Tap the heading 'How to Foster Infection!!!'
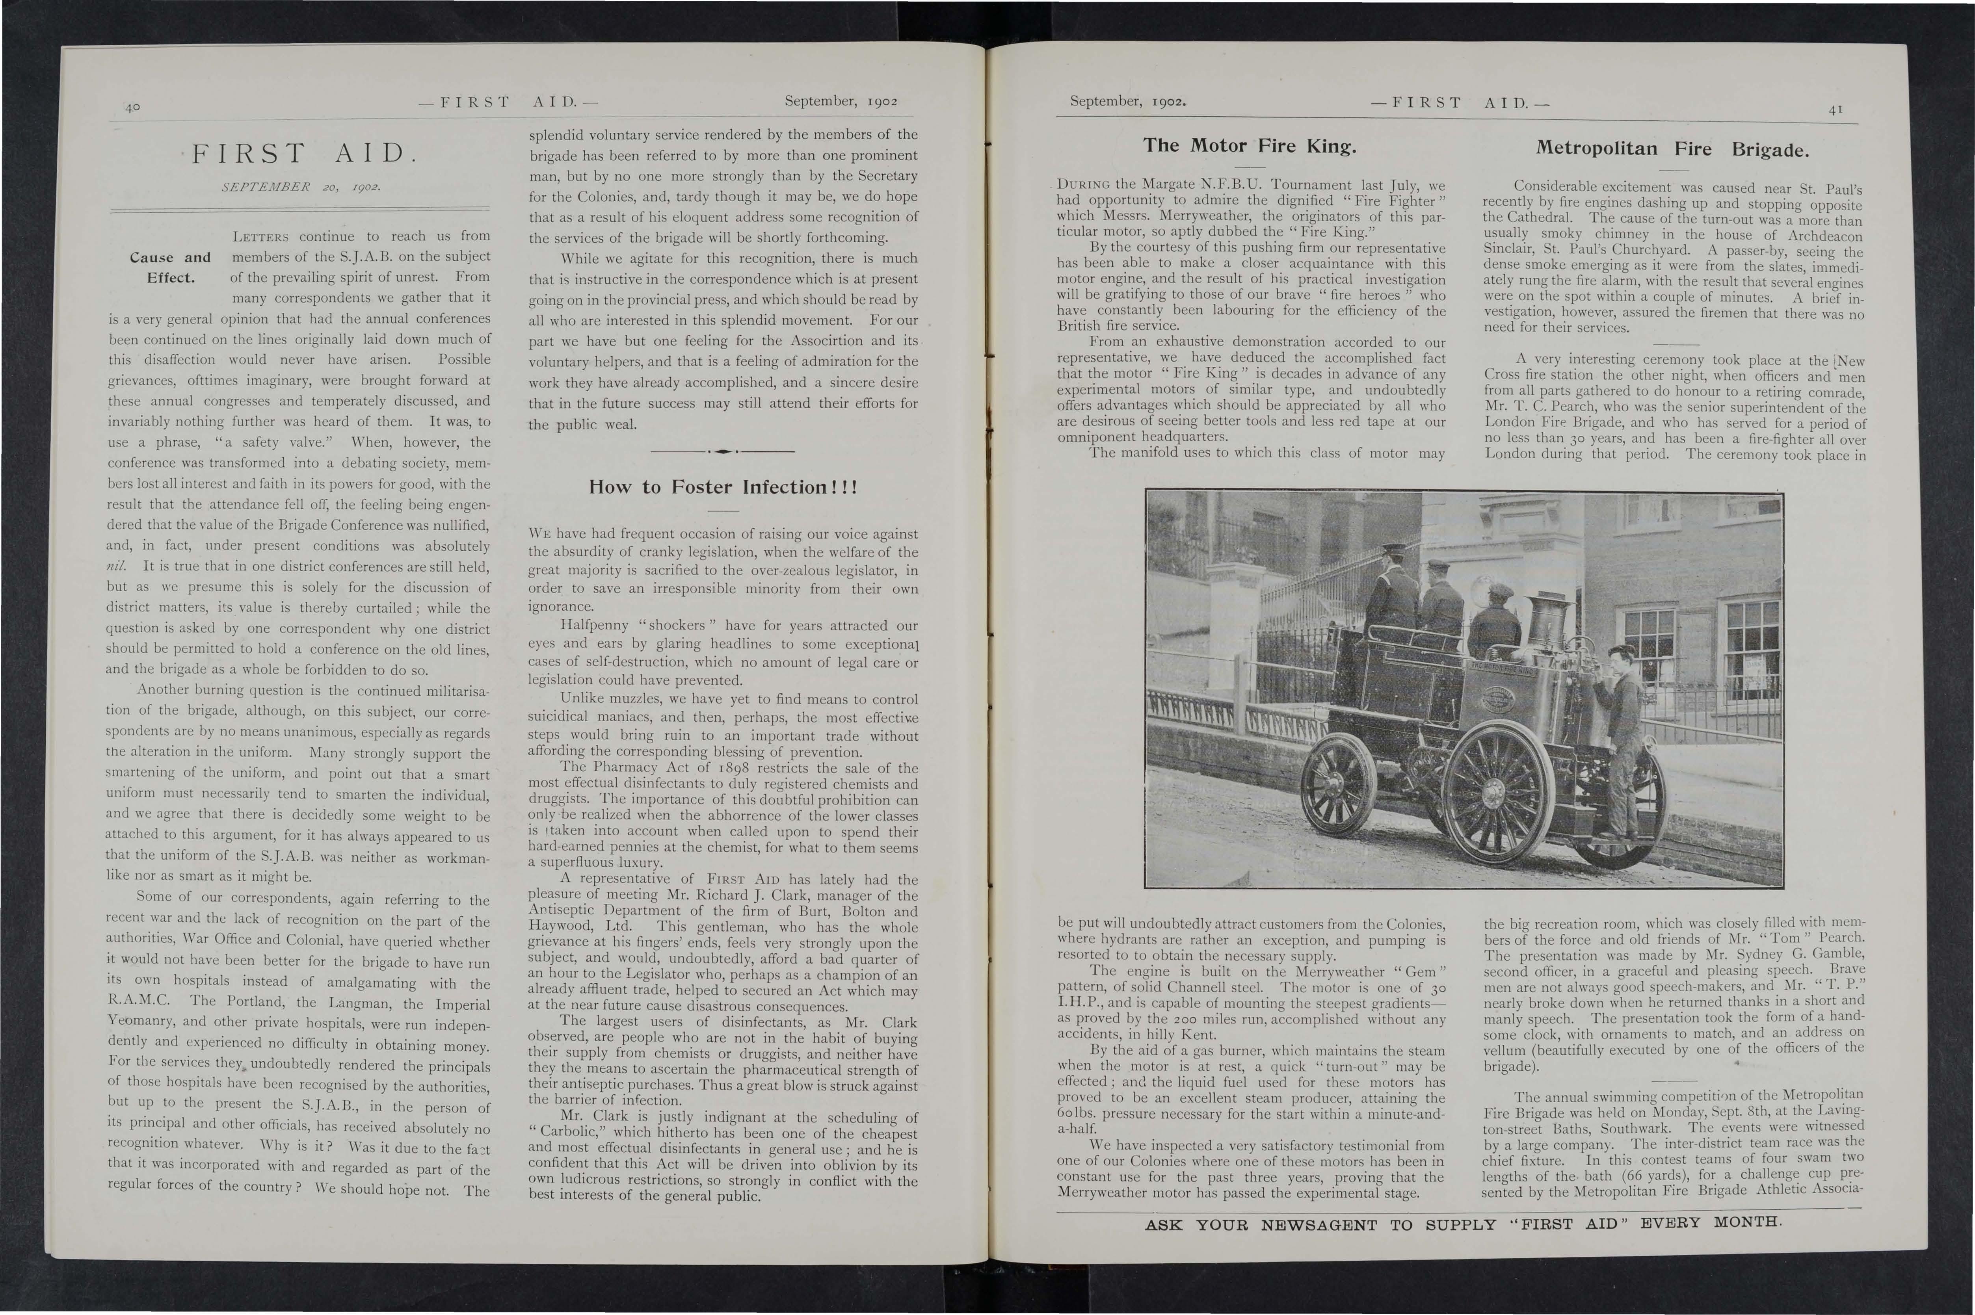click(723, 487)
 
